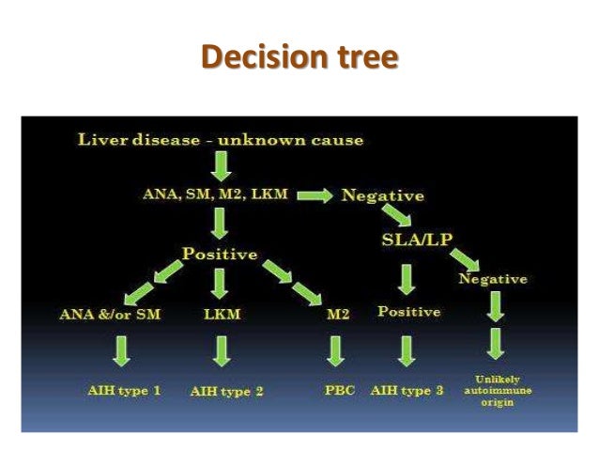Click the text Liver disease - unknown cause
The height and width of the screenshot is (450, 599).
pyautogui.click(x=220, y=141)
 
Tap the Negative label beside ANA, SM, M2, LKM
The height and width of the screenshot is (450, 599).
pyautogui.click(x=382, y=196)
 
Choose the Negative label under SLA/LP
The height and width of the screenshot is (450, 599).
pyautogui.click(x=492, y=279)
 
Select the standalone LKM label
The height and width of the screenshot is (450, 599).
pyautogui.click(x=222, y=314)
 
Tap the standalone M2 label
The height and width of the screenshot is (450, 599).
pyautogui.click(x=338, y=315)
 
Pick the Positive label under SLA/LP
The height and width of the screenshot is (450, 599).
pyautogui.click(x=410, y=310)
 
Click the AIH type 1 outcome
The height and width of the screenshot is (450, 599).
pyautogui.click(x=119, y=389)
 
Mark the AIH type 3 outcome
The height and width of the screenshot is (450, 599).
pyautogui.click(x=407, y=389)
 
